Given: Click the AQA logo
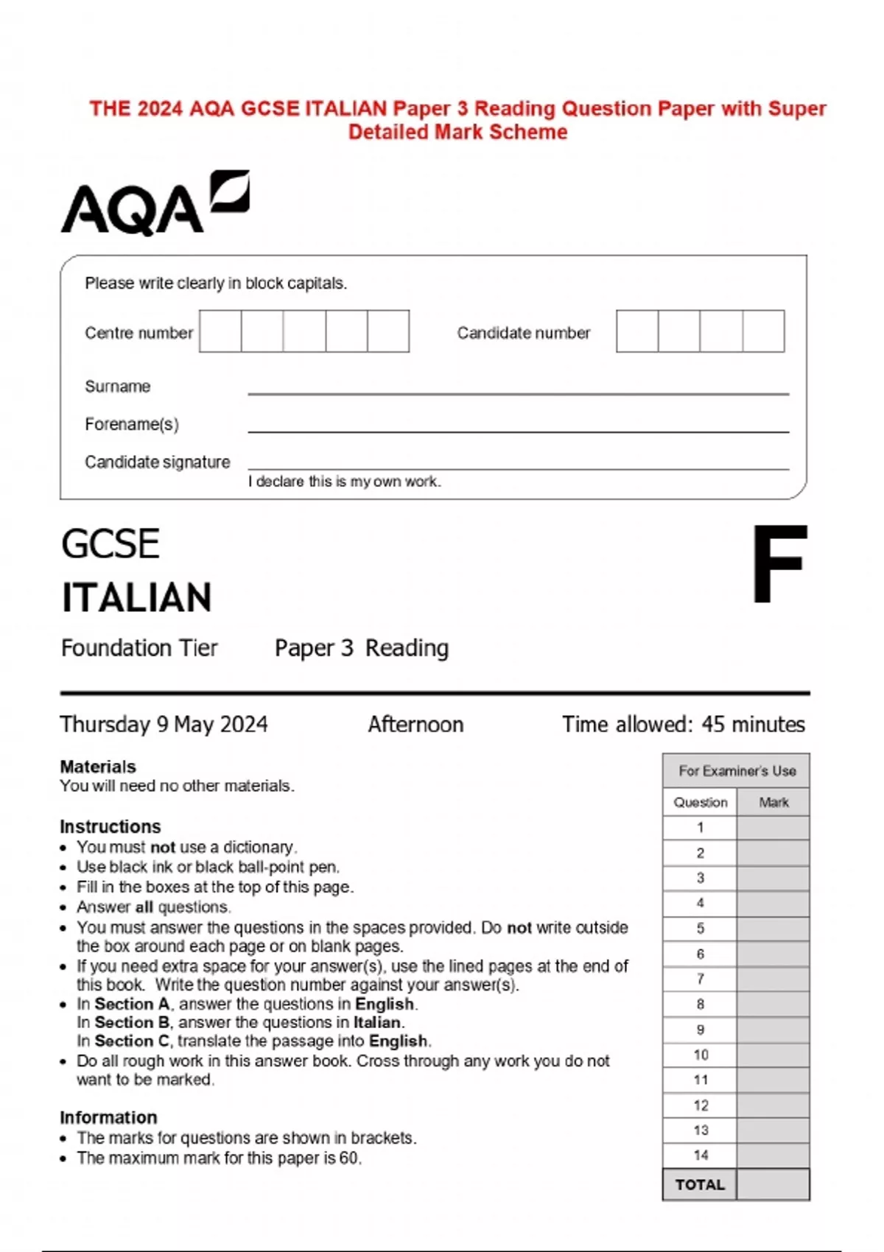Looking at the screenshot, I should click(155, 203).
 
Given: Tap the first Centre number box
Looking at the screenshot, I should click(220, 331).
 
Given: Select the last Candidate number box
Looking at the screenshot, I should click(763, 331).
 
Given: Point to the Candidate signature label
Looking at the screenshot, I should click(157, 463).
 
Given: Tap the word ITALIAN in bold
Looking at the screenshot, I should click(137, 597).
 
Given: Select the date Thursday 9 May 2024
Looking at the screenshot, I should click(164, 725).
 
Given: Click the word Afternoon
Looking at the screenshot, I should click(415, 725).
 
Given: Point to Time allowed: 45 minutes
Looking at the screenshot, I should click(684, 725).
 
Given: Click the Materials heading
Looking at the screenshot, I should click(98, 767).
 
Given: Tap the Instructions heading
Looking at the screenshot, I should click(110, 826).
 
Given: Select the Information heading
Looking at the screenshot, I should click(108, 1117).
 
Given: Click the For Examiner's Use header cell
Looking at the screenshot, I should click(737, 771).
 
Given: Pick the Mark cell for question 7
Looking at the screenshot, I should click(773, 979).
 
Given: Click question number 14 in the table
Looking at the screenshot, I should click(701, 1156).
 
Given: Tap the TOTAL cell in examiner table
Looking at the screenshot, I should click(700, 1185).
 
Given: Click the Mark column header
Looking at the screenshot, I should click(773, 803).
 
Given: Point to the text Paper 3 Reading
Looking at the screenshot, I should click(361, 648).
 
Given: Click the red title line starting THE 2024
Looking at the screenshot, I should click(457, 109).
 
